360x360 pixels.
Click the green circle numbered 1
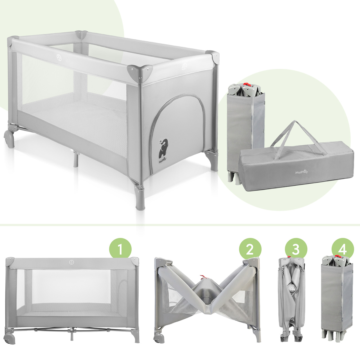(x=120, y=249)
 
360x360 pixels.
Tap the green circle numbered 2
(x=250, y=249)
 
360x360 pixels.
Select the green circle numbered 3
(x=296, y=249)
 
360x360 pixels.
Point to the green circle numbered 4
(x=343, y=249)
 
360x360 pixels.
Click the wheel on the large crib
(x=9, y=139)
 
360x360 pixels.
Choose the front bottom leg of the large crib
(x=140, y=198)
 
